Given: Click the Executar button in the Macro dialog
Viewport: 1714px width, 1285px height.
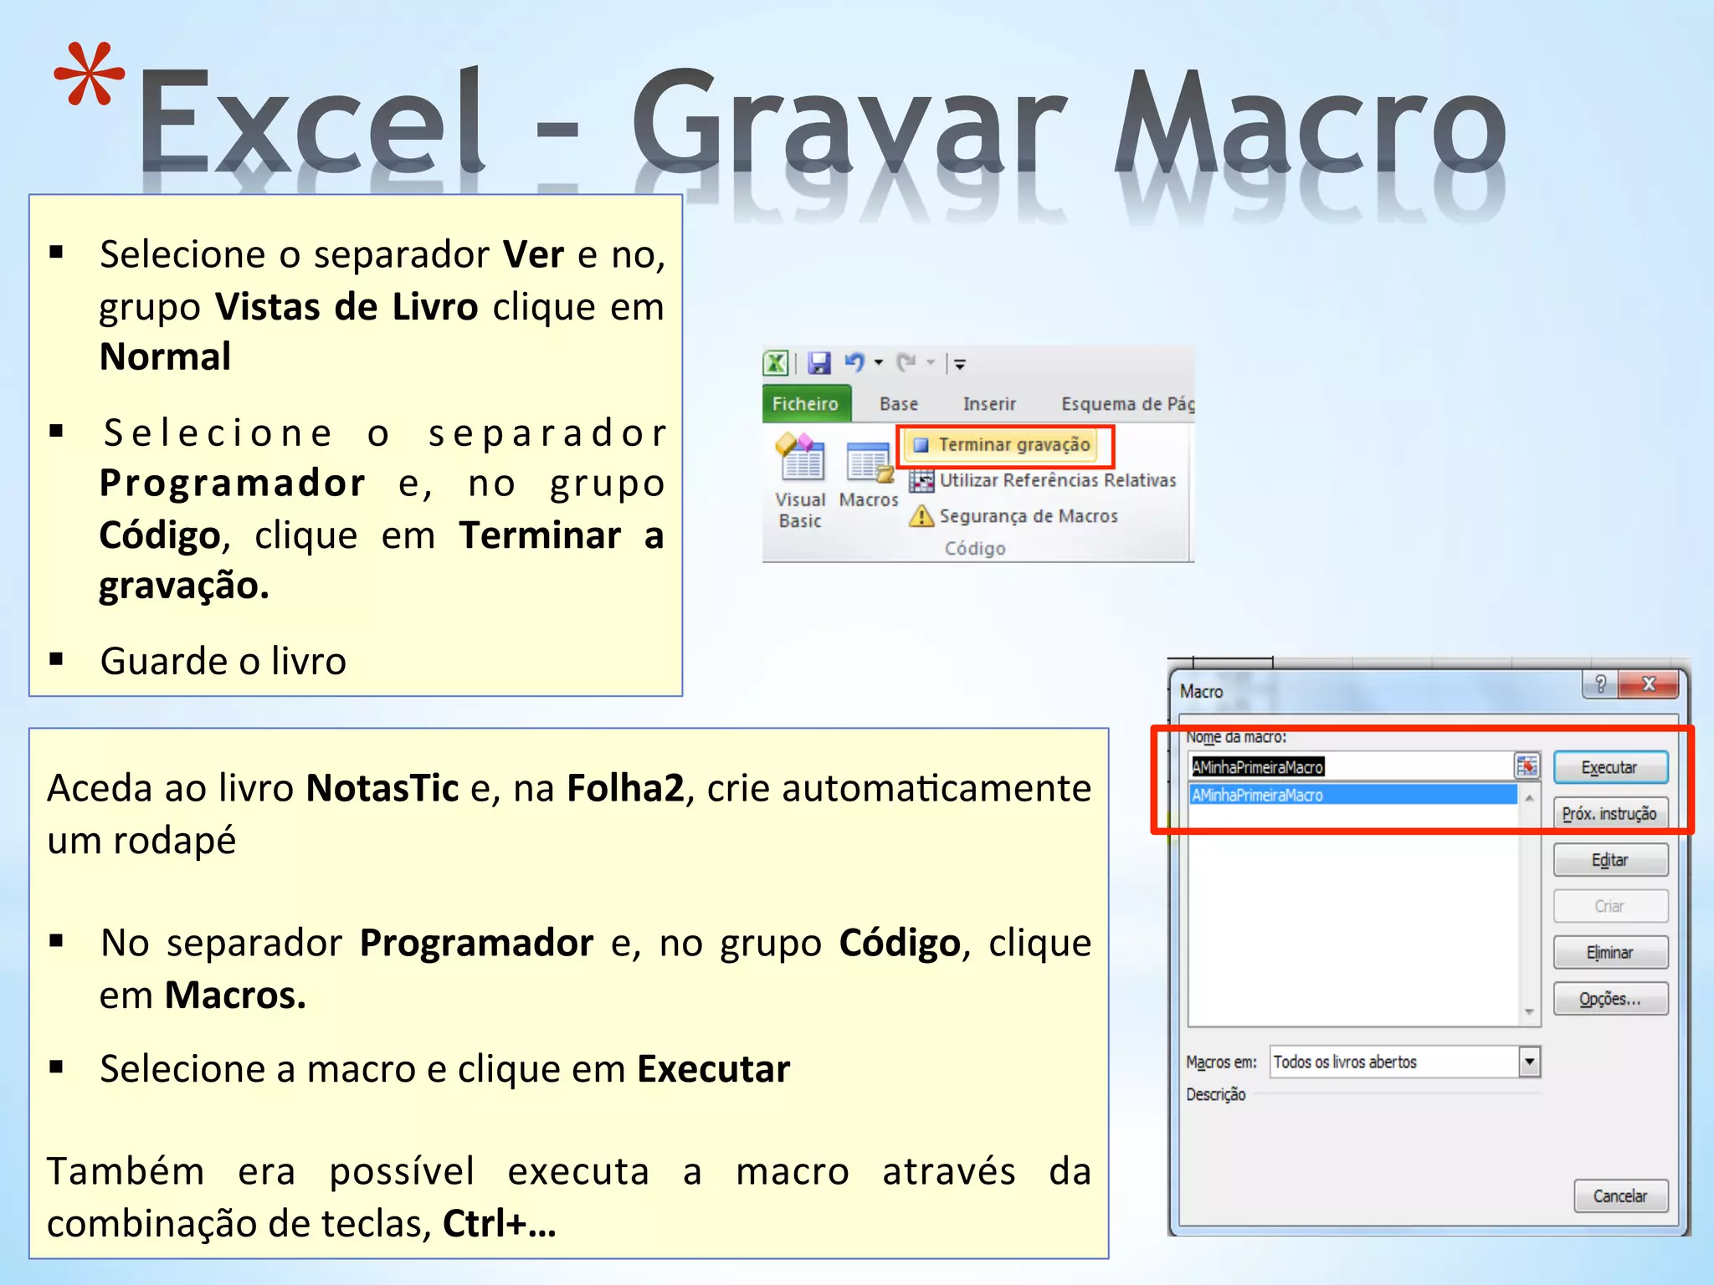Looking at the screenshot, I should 1609,767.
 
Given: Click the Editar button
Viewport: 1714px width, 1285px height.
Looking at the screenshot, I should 1609,860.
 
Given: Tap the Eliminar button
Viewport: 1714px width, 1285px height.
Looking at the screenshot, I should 1609,952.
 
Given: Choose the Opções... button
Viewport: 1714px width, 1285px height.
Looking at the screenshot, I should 1609,998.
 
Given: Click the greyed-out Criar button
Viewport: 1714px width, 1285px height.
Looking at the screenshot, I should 1609,906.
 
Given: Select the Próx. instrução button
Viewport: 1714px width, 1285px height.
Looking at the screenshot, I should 1609,813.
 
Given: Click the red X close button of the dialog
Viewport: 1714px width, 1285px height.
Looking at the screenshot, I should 1648,684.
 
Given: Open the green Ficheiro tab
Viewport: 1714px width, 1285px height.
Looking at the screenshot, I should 805,404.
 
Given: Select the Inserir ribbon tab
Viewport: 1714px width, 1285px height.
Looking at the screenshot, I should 989,404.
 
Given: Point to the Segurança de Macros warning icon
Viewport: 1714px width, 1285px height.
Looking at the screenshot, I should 921,516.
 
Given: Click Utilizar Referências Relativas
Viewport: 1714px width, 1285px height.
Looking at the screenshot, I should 1057,480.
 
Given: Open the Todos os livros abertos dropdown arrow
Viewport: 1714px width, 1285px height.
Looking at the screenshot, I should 1530,1062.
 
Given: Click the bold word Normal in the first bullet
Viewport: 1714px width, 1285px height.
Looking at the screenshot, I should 165,357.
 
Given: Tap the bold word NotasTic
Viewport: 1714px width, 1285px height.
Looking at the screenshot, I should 382,788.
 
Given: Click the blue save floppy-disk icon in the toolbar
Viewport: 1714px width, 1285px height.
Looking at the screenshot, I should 819,363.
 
